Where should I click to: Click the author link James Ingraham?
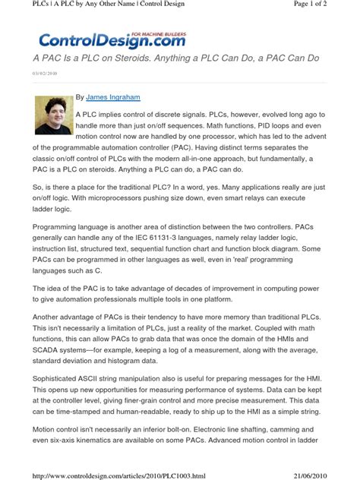(113, 97)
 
